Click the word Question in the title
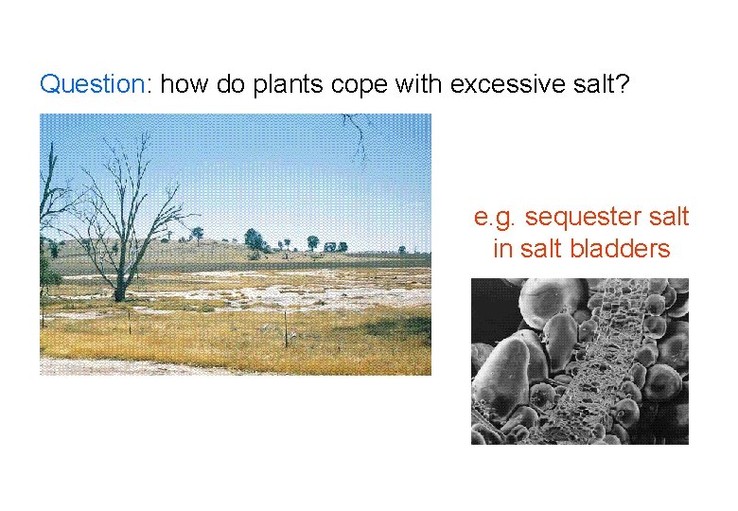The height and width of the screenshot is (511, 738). coord(91,84)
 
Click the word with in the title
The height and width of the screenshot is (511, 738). coord(419,84)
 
